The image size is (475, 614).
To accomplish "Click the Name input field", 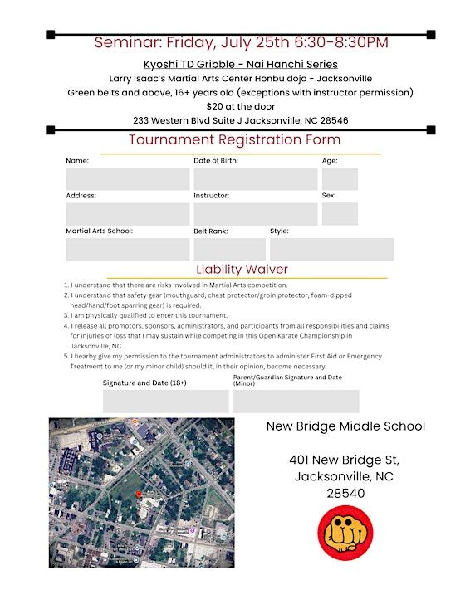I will (x=127, y=179).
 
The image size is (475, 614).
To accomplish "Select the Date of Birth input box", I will (x=255, y=179).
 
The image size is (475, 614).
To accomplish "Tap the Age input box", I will (x=340, y=179).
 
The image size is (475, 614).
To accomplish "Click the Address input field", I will (x=127, y=214).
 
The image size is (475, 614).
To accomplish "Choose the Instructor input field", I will (x=255, y=214).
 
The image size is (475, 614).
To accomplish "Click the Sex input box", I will (x=340, y=214).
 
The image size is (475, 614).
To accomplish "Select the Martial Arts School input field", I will (x=127, y=250).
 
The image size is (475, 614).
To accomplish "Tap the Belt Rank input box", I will (x=229, y=250).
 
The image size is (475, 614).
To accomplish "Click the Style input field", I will (x=331, y=250).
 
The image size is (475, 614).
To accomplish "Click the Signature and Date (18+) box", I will (x=165, y=402).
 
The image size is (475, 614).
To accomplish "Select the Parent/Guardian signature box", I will (x=296, y=402).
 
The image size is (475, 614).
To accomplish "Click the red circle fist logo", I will (x=345, y=533).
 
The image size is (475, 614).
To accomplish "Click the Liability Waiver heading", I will (x=242, y=269).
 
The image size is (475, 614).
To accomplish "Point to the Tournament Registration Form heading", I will (x=234, y=139).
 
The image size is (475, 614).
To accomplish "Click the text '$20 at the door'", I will (x=240, y=106).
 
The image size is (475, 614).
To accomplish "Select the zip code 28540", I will (x=345, y=493).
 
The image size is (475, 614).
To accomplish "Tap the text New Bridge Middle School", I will (x=345, y=426).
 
